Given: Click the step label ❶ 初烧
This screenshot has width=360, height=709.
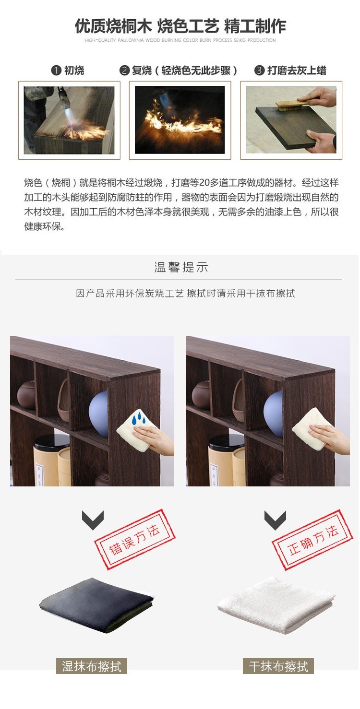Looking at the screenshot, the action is click(x=68, y=70).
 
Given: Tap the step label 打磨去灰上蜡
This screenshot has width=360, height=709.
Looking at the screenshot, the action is click(x=297, y=70).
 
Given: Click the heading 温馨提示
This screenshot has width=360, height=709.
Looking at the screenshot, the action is click(x=181, y=267).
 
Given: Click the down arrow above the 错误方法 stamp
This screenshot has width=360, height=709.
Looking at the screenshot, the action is click(x=93, y=520).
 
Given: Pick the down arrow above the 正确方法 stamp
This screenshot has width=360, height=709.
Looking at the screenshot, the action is click(x=275, y=520).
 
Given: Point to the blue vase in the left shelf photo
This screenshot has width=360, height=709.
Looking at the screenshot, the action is click(x=98, y=413).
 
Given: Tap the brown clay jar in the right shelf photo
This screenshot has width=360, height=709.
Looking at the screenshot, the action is click(x=201, y=394).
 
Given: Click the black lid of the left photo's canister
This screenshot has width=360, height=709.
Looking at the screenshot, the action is click(x=52, y=442).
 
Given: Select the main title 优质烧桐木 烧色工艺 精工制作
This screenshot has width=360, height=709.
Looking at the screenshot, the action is click(x=180, y=26).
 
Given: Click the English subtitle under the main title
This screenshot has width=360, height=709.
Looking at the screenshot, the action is click(x=180, y=40).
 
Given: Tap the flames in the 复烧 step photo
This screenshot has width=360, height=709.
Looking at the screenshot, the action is click(x=182, y=120).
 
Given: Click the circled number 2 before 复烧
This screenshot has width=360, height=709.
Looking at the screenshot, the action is click(x=124, y=70).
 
